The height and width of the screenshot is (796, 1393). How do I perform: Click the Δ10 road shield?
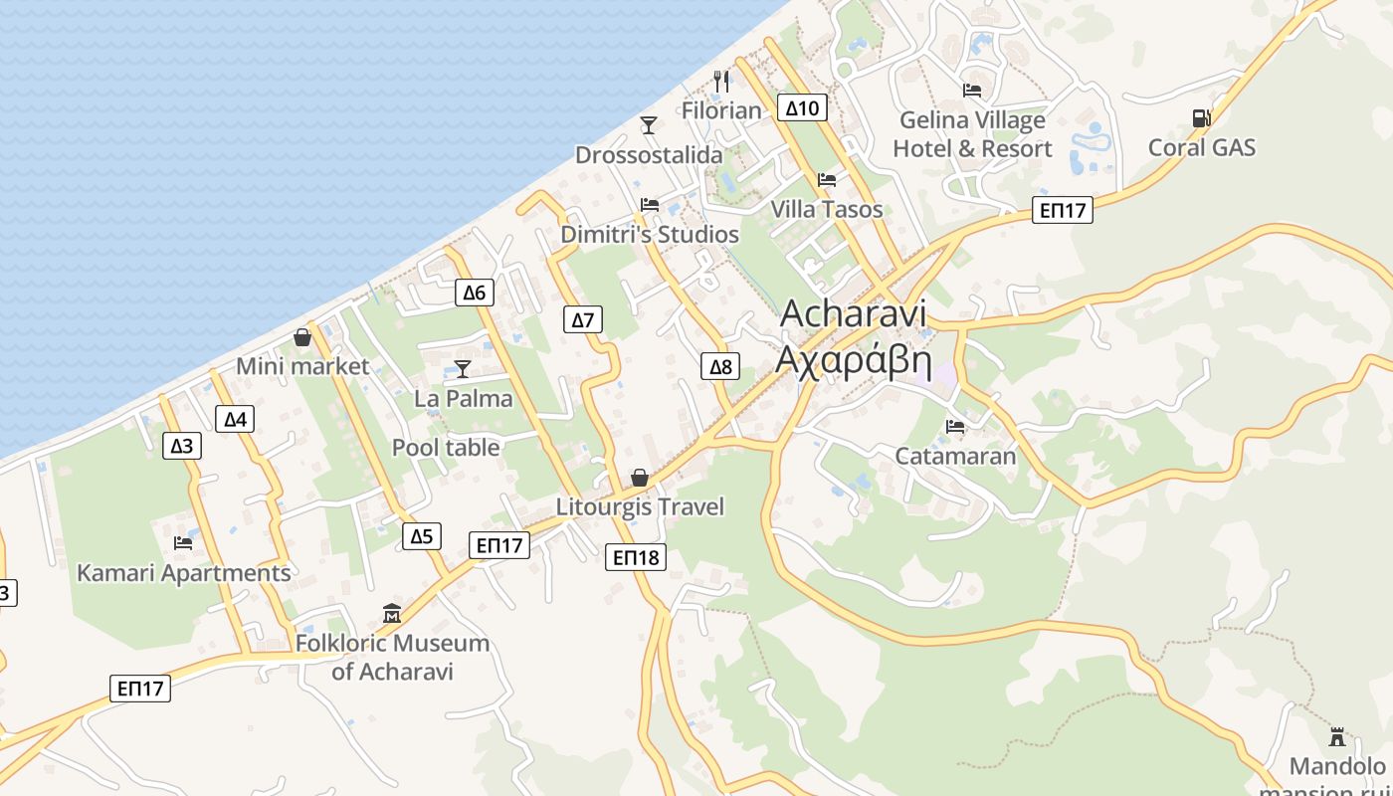coord(802,107)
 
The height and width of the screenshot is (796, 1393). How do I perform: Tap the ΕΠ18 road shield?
coord(636,557)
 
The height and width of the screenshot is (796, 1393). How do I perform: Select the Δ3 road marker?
coord(182,445)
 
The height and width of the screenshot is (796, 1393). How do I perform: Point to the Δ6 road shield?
coord(475,293)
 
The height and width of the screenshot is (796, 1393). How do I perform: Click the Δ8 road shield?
coord(720,366)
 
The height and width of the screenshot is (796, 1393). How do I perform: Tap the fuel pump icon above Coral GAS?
coord(1201,117)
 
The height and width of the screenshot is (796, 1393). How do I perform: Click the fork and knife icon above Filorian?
coord(722,81)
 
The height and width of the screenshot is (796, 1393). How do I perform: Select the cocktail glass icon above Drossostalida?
coord(649,124)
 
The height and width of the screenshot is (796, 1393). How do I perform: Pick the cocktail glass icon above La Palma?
coord(463,368)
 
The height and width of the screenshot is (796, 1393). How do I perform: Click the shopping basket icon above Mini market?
coord(302,337)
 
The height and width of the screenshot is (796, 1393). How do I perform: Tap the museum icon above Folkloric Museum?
coord(392,613)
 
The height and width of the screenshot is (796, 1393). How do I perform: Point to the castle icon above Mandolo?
coord(1337,737)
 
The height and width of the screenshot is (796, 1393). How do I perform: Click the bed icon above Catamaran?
coord(955,427)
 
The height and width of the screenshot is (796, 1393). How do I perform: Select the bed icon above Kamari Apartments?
coord(183,543)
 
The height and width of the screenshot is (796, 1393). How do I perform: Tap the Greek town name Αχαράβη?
coord(853,359)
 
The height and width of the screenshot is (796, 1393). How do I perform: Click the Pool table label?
coord(446,448)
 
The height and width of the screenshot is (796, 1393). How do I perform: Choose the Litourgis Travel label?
coord(640,506)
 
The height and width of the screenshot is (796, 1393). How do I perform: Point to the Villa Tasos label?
coord(827,209)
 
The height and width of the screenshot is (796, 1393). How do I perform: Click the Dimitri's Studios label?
coord(650,235)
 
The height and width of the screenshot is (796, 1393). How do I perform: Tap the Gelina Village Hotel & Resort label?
coord(972,134)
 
